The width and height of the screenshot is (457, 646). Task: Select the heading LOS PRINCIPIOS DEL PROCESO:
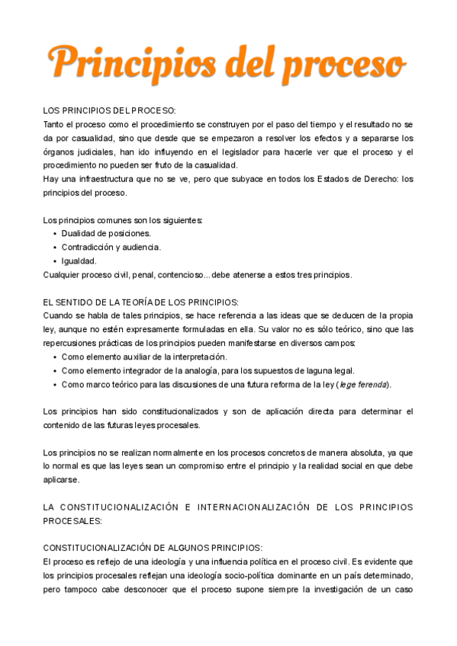click(109, 111)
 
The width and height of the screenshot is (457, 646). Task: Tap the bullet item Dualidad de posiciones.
click(106, 233)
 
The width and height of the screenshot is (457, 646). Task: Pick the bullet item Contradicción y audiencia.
click(111, 247)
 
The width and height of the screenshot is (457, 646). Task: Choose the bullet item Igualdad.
click(79, 261)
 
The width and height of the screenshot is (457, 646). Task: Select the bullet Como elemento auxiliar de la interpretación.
click(144, 357)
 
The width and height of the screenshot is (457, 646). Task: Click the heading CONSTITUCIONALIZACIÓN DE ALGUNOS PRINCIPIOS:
click(153, 548)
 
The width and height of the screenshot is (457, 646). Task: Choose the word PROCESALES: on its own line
click(72, 520)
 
